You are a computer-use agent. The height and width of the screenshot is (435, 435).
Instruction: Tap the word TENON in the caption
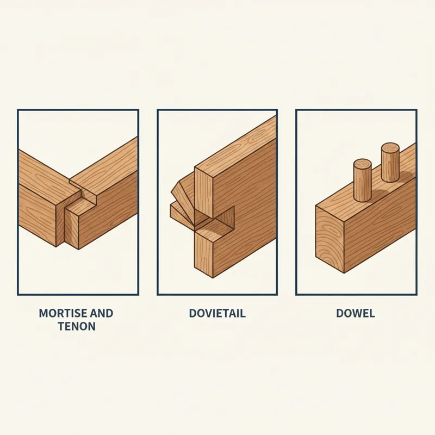76,327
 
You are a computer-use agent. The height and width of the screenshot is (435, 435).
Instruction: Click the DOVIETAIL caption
217,314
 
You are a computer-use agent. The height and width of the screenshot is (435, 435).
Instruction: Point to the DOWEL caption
356,314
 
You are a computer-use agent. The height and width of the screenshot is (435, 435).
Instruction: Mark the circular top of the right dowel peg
390,147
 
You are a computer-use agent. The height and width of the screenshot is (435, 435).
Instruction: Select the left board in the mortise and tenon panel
41,196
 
